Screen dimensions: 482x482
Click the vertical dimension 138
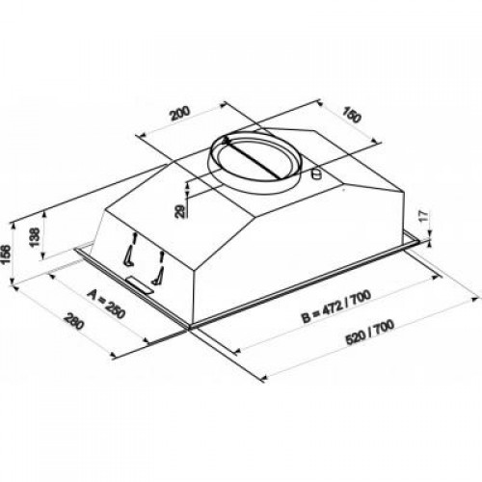(36, 238)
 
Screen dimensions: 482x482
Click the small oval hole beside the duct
(318, 174)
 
